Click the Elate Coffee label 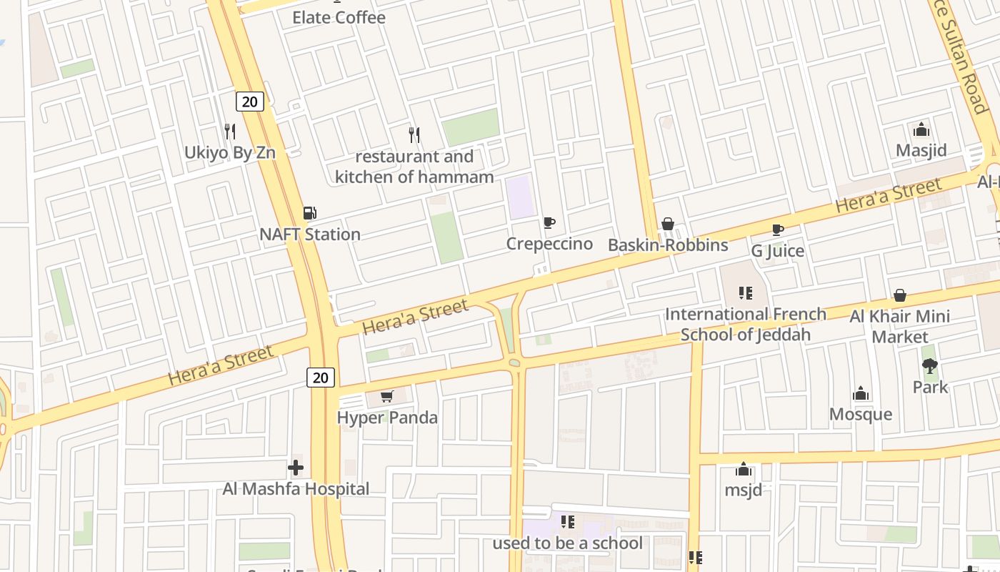pyautogui.click(x=339, y=18)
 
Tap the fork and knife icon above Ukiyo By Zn pyautogui.click(x=230, y=132)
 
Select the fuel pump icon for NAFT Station pyautogui.click(x=310, y=213)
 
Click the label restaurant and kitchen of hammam pyautogui.click(x=414, y=167)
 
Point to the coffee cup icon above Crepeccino pyautogui.click(x=549, y=223)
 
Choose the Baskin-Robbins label pyautogui.click(x=668, y=245)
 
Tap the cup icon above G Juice pyautogui.click(x=778, y=230)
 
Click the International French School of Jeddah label pyautogui.click(x=746, y=324)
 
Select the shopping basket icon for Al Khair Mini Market pyautogui.click(x=900, y=295)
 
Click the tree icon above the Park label pyautogui.click(x=930, y=367)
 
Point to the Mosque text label pyautogui.click(x=861, y=415)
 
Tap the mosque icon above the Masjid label pyautogui.click(x=921, y=130)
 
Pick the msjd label pyautogui.click(x=744, y=490)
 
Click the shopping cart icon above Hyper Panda pyautogui.click(x=387, y=396)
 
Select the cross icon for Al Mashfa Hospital pyautogui.click(x=296, y=468)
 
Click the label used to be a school pyautogui.click(x=567, y=543)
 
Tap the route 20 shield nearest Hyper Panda pyautogui.click(x=321, y=377)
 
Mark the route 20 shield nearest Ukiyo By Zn pyautogui.click(x=249, y=102)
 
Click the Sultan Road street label pyautogui.click(x=964, y=57)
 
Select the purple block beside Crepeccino pyautogui.click(x=520, y=197)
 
